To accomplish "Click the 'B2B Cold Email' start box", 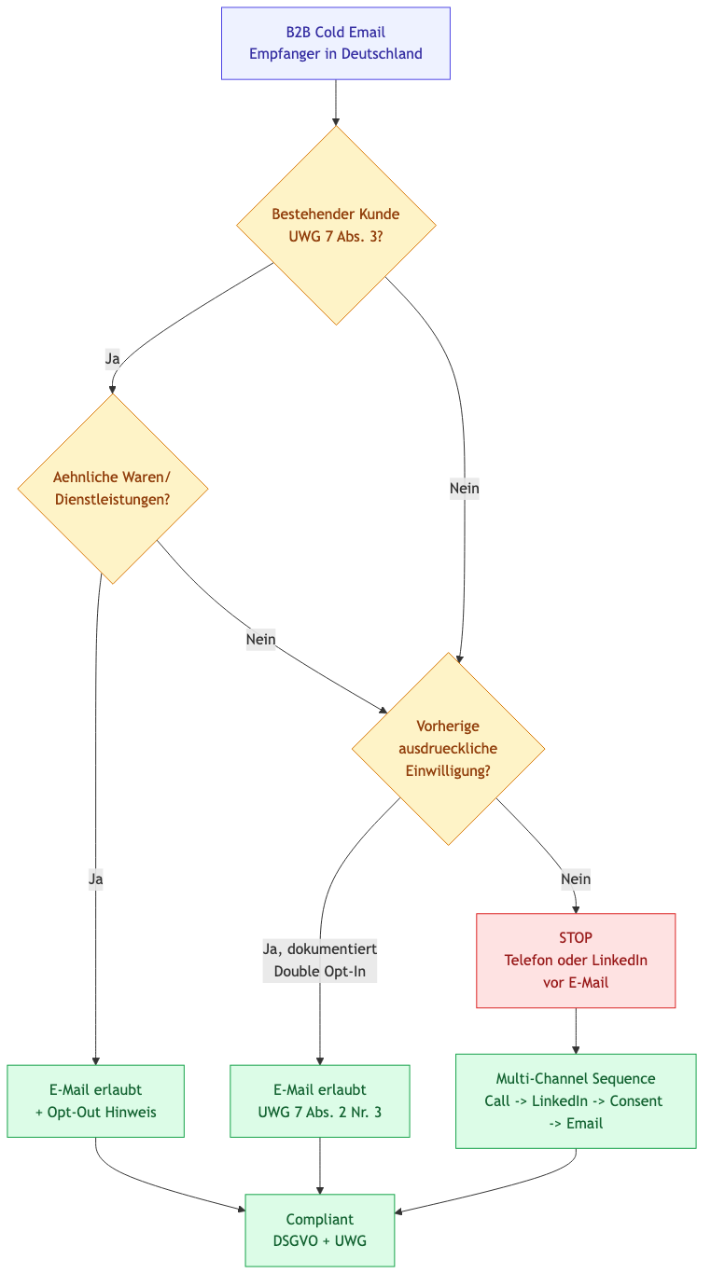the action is (x=336, y=43).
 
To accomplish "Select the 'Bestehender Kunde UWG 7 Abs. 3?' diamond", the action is (x=336, y=226).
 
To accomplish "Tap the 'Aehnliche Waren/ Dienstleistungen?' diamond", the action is (x=113, y=489).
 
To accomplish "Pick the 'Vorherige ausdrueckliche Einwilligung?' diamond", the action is (x=448, y=749).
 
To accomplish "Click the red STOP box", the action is (x=576, y=960).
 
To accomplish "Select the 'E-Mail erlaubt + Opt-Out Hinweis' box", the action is (x=95, y=1100).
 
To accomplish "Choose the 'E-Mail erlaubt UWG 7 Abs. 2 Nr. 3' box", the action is (x=319, y=1100).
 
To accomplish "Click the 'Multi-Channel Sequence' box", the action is (x=576, y=1100).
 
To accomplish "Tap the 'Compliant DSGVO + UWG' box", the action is (x=319, y=1230).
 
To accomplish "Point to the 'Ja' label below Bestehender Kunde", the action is (x=113, y=358).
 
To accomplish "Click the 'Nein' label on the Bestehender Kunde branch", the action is (x=465, y=489).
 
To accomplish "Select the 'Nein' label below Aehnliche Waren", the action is (x=261, y=640).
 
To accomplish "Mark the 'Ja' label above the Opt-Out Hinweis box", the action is (x=95, y=879).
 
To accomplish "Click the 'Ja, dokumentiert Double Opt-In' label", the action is (x=319, y=960).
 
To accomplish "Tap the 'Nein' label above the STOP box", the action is (x=576, y=879).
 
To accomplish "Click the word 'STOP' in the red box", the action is (x=576, y=937).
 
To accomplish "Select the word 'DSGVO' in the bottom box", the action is (x=296, y=1241).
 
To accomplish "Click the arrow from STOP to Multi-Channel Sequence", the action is (x=576, y=1031).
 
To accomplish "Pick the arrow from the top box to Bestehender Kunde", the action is (x=336, y=103).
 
